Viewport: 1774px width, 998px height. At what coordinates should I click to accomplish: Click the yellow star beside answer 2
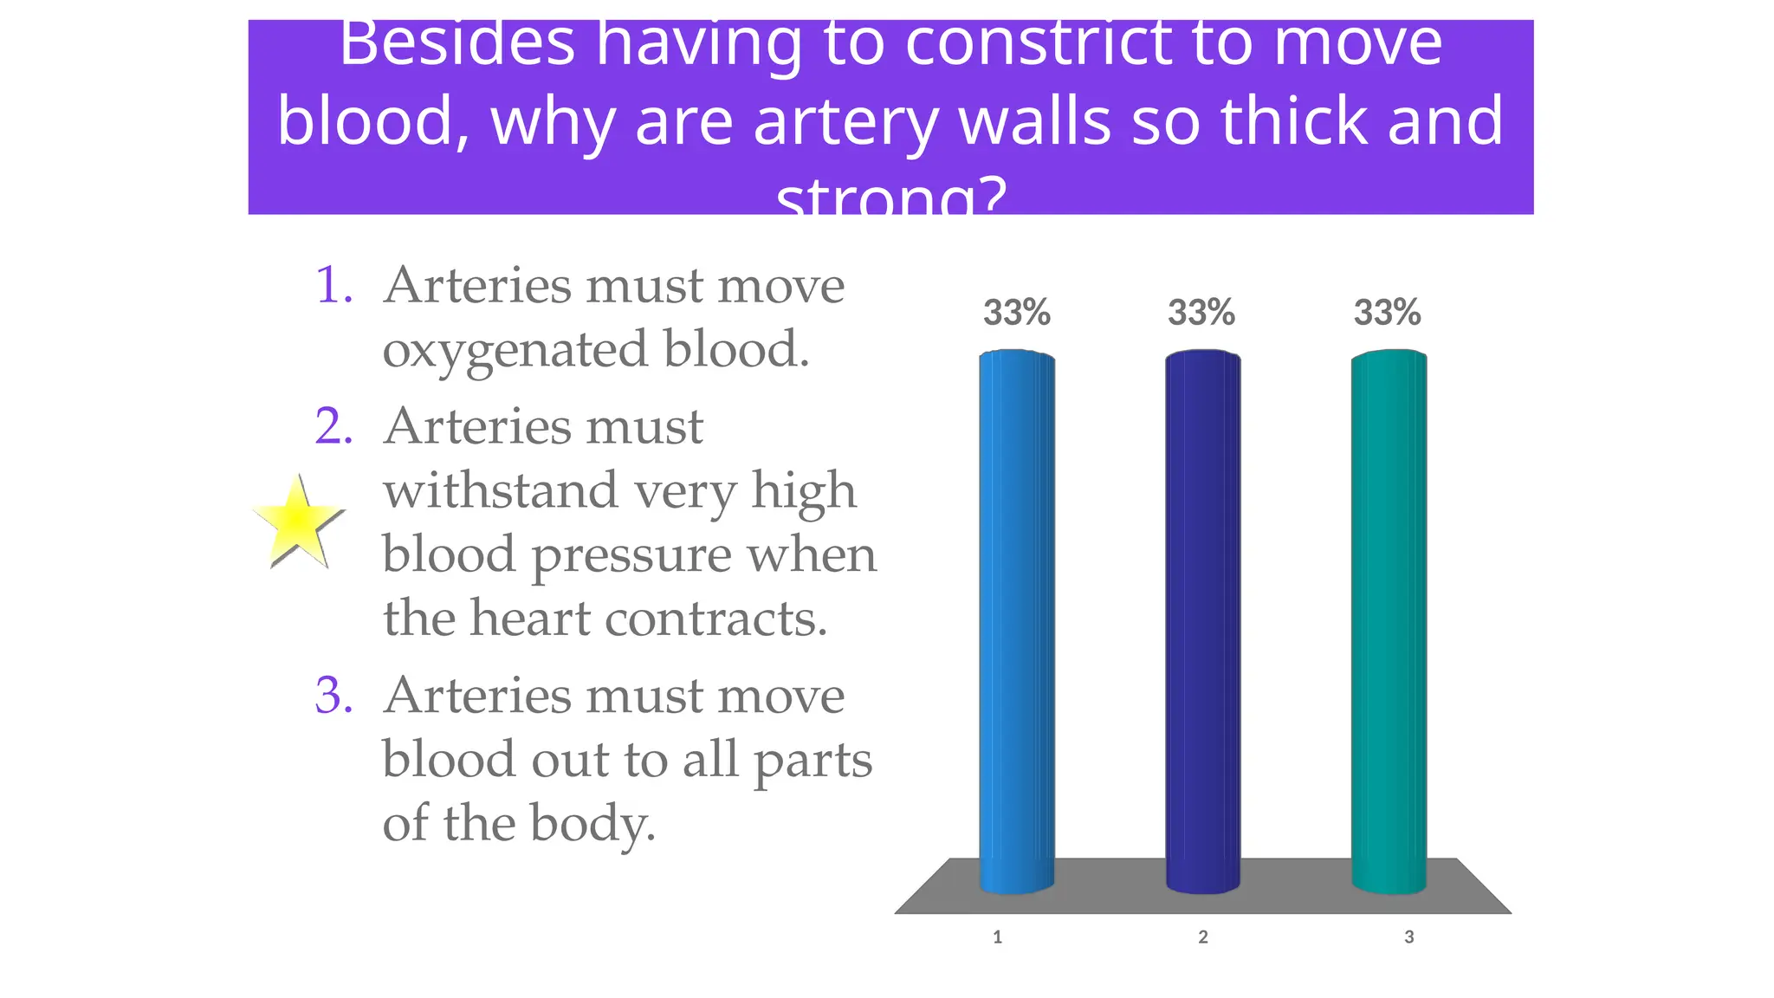click(x=296, y=521)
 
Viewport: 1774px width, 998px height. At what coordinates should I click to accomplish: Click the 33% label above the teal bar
click(x=1387, y=313)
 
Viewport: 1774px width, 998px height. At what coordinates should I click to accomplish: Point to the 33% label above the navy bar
click(x=1201, y=313)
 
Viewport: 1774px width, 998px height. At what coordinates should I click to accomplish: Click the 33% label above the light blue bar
click(x=1016, y=313)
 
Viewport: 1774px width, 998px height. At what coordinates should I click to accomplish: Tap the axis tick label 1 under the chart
click(x=997, y=936)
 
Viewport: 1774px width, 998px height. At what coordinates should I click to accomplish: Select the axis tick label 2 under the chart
click(x=1203, y=936)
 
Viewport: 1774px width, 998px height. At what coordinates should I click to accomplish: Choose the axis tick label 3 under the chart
click(x=1409, y=936)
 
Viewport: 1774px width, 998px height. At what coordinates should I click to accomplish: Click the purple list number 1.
click(x=333, y=285)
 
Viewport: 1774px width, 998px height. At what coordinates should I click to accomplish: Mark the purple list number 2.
click(x=333, y=426)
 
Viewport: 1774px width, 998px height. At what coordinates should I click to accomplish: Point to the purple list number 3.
click(x=333, y=696)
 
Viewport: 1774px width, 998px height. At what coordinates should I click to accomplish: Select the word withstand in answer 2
click(x=499, y=490)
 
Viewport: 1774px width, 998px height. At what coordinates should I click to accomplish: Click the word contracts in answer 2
click(x=715, y=619)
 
